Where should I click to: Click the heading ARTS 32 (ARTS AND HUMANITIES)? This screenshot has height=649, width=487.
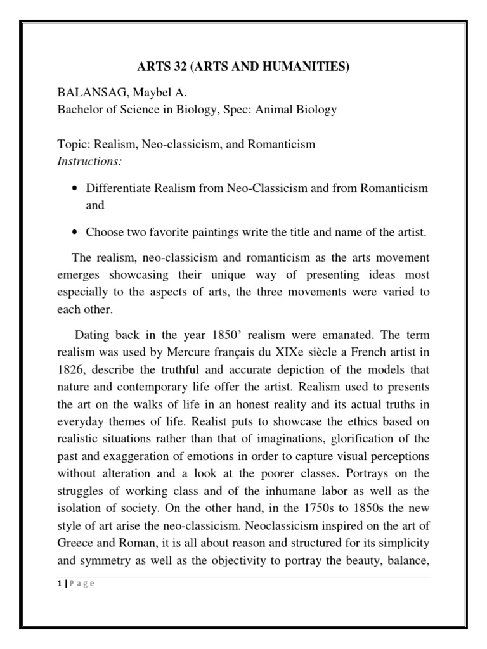tap(243, 68)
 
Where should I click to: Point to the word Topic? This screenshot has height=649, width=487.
tap(73, 145)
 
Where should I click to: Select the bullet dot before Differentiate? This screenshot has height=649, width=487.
tap(76, 189)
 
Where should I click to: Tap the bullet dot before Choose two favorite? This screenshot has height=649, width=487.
tap(76, 233)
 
